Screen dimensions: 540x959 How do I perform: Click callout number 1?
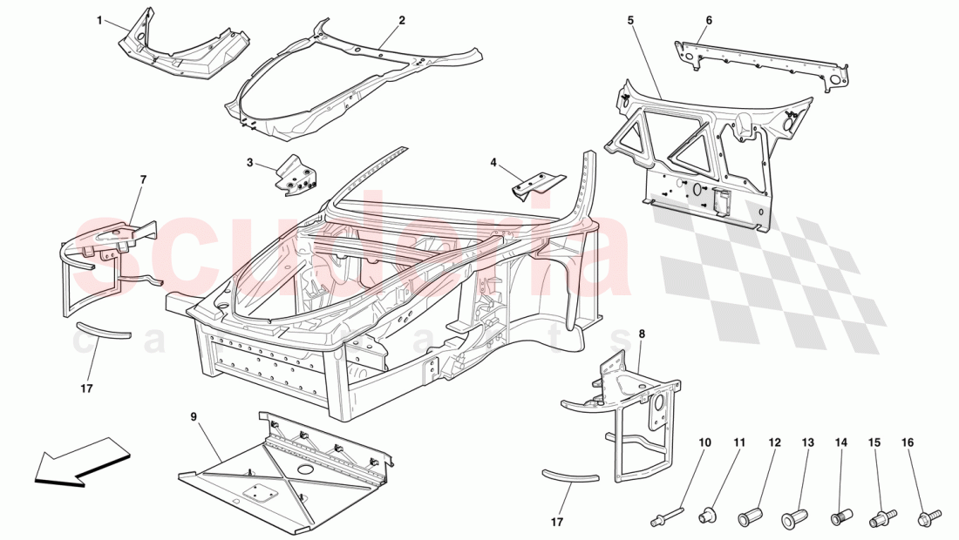coord(99,20)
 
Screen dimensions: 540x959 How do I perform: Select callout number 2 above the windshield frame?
coord(402,20)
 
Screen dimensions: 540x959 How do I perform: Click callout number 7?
coord(143,179)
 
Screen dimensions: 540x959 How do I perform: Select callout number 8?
coord(642,334)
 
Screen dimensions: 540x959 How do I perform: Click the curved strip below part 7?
coord(101,331)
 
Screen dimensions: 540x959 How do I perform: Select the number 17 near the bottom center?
coord(557,522)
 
